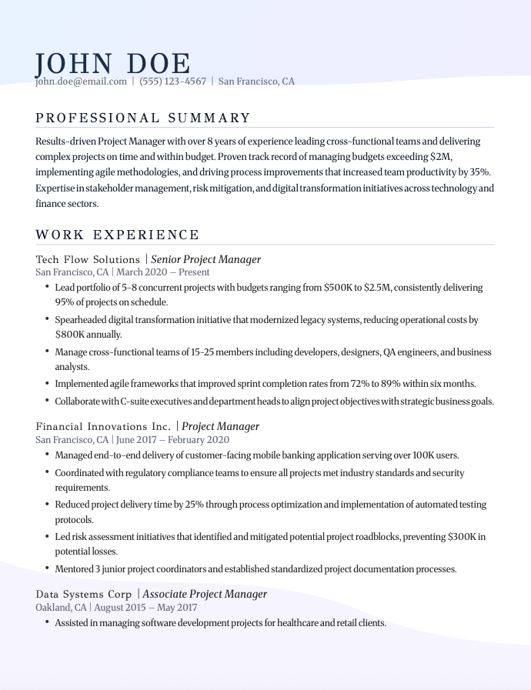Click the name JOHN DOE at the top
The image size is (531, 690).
click(112, 64)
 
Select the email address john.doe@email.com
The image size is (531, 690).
click(81, 82)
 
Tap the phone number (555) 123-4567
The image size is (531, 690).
click(173, 82)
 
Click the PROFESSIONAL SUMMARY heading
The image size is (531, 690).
click(143, 118)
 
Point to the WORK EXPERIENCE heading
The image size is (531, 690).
click(117, 235)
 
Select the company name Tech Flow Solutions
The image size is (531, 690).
click(88, 259)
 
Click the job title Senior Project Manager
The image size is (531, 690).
click(206, 259)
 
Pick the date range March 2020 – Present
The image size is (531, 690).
click(162, 272)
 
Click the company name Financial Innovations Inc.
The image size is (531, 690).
click(103, 426)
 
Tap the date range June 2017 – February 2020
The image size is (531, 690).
click(172, 440)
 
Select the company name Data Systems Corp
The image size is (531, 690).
click(84, 594)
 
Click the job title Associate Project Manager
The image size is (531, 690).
click(205, 594)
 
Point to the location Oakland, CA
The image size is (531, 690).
click(61, 608)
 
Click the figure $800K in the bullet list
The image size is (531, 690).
click(68, 335)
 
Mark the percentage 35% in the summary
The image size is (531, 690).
click(479, 172)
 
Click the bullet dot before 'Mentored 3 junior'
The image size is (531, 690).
click(47, 569)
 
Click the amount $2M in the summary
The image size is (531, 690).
click(441, 156)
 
